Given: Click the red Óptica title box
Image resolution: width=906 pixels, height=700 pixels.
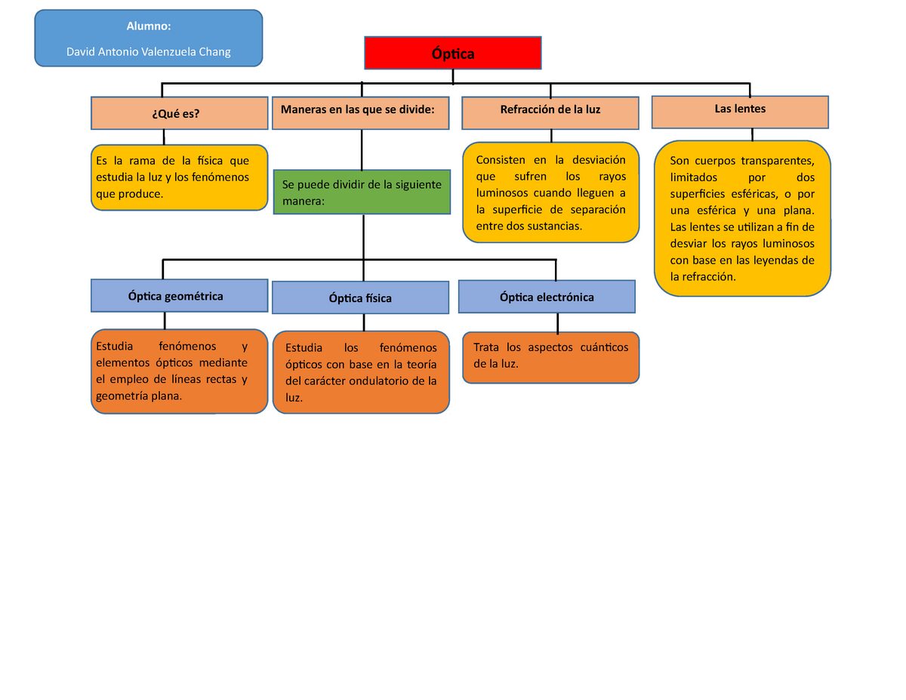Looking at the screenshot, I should click(453, 53).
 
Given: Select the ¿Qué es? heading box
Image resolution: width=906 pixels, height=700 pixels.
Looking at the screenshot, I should click(180, 113).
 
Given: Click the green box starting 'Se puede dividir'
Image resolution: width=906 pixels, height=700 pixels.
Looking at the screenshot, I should click(362, 193).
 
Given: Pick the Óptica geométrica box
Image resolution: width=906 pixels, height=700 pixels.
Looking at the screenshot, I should click(180, 296).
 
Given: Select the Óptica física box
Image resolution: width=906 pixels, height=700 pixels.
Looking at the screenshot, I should click(360, 298).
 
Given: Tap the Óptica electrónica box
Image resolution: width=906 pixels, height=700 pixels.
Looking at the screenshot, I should click(547, 297).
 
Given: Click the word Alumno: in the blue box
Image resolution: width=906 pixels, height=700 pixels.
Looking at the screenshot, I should click(149, 26).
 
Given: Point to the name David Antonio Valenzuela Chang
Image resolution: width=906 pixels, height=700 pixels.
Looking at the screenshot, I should click(149, 52).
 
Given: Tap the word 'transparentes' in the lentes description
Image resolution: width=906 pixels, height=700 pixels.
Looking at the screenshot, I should click(777, 161).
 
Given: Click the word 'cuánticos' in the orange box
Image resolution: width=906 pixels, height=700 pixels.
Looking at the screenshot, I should click(603, 347).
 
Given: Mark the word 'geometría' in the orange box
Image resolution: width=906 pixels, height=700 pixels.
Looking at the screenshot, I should click(122, 396).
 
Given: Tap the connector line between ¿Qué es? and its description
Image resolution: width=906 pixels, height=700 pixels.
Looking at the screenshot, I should click(164, 137).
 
